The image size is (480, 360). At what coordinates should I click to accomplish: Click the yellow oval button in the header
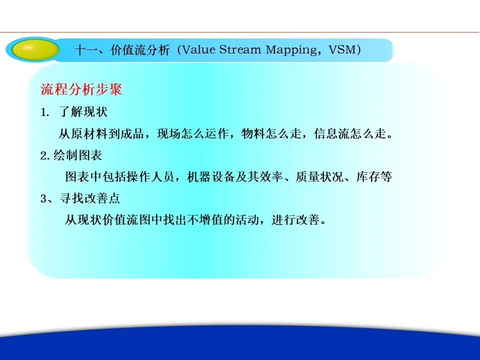(35, 49)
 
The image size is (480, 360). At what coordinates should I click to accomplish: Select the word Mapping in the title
(291, 50)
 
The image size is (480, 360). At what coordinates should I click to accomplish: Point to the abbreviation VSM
(341, 49)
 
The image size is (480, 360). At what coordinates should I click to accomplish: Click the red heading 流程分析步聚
(81, 89)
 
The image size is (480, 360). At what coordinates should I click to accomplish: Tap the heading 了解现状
(83, 111)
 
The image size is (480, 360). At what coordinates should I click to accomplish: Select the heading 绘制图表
(78, 155)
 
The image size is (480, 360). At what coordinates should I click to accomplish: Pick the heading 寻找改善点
(89, 198)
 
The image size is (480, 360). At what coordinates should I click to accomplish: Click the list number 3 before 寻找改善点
(44, 198)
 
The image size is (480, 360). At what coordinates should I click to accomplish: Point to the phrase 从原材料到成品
(101, 133)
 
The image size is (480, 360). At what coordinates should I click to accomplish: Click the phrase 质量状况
(319, 176)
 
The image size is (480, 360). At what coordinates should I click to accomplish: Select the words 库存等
(374, 176)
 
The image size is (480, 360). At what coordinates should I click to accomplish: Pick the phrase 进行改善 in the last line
(295, 219)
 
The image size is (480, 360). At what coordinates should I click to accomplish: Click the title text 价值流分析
(140, 49)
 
